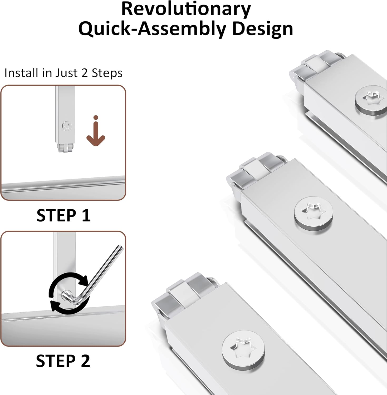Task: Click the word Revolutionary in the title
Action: click(x=186, y=9)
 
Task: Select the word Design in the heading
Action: click(x=263, y=29)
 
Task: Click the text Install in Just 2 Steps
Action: click(x=63, y=73)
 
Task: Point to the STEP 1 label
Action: click(x=63, y=215)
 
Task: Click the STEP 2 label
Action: click(x=63, y=361)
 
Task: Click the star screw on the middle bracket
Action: click(x=313, y=214)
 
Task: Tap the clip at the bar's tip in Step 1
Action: click(x=65, y=148)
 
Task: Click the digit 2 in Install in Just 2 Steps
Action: click(x=85, y=73)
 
